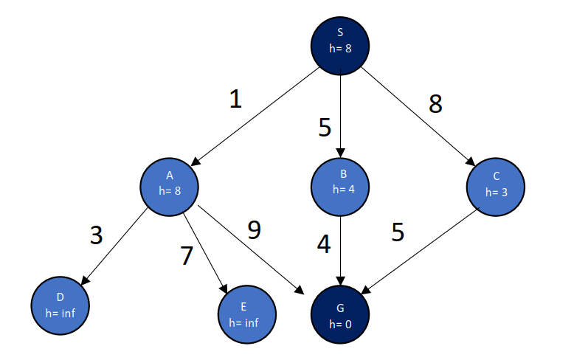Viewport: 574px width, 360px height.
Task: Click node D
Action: coord(60,304)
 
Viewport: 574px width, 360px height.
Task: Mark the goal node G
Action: coord(339,314)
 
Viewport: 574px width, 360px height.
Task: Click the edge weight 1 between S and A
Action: coord(235,100)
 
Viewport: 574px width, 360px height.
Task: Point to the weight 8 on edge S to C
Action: coord(435,105)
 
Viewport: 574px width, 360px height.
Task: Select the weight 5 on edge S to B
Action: coord(325,128)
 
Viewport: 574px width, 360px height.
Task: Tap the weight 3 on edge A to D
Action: coord(97,235)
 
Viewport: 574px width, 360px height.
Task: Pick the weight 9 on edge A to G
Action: coord(254,230)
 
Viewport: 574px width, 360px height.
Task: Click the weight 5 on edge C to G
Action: coord(398,232)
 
